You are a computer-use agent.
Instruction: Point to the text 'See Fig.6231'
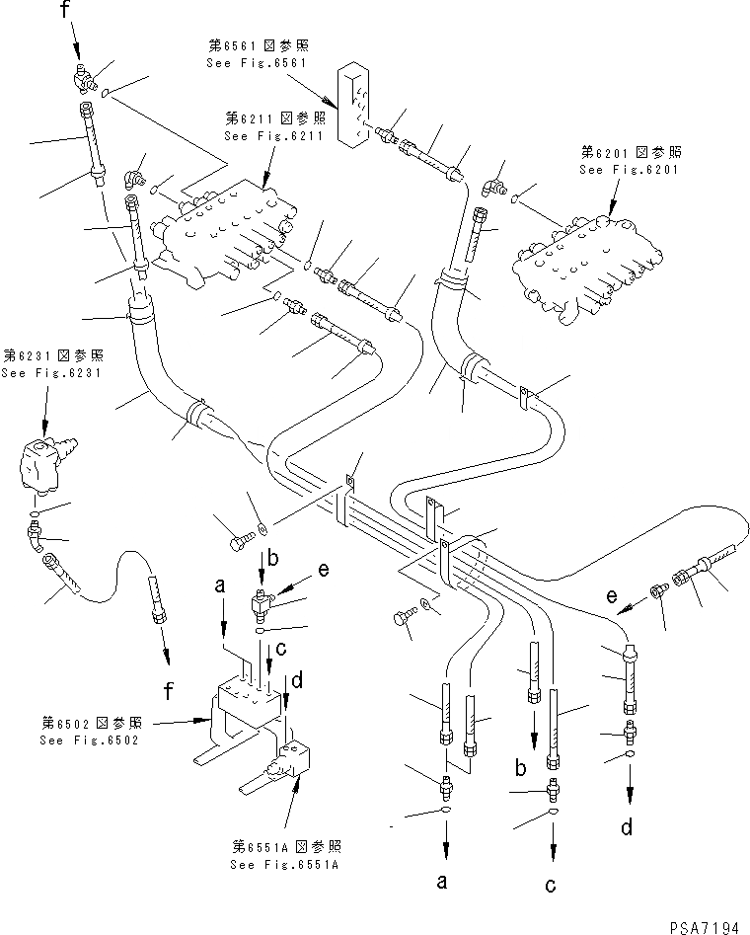tap(42, 373)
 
